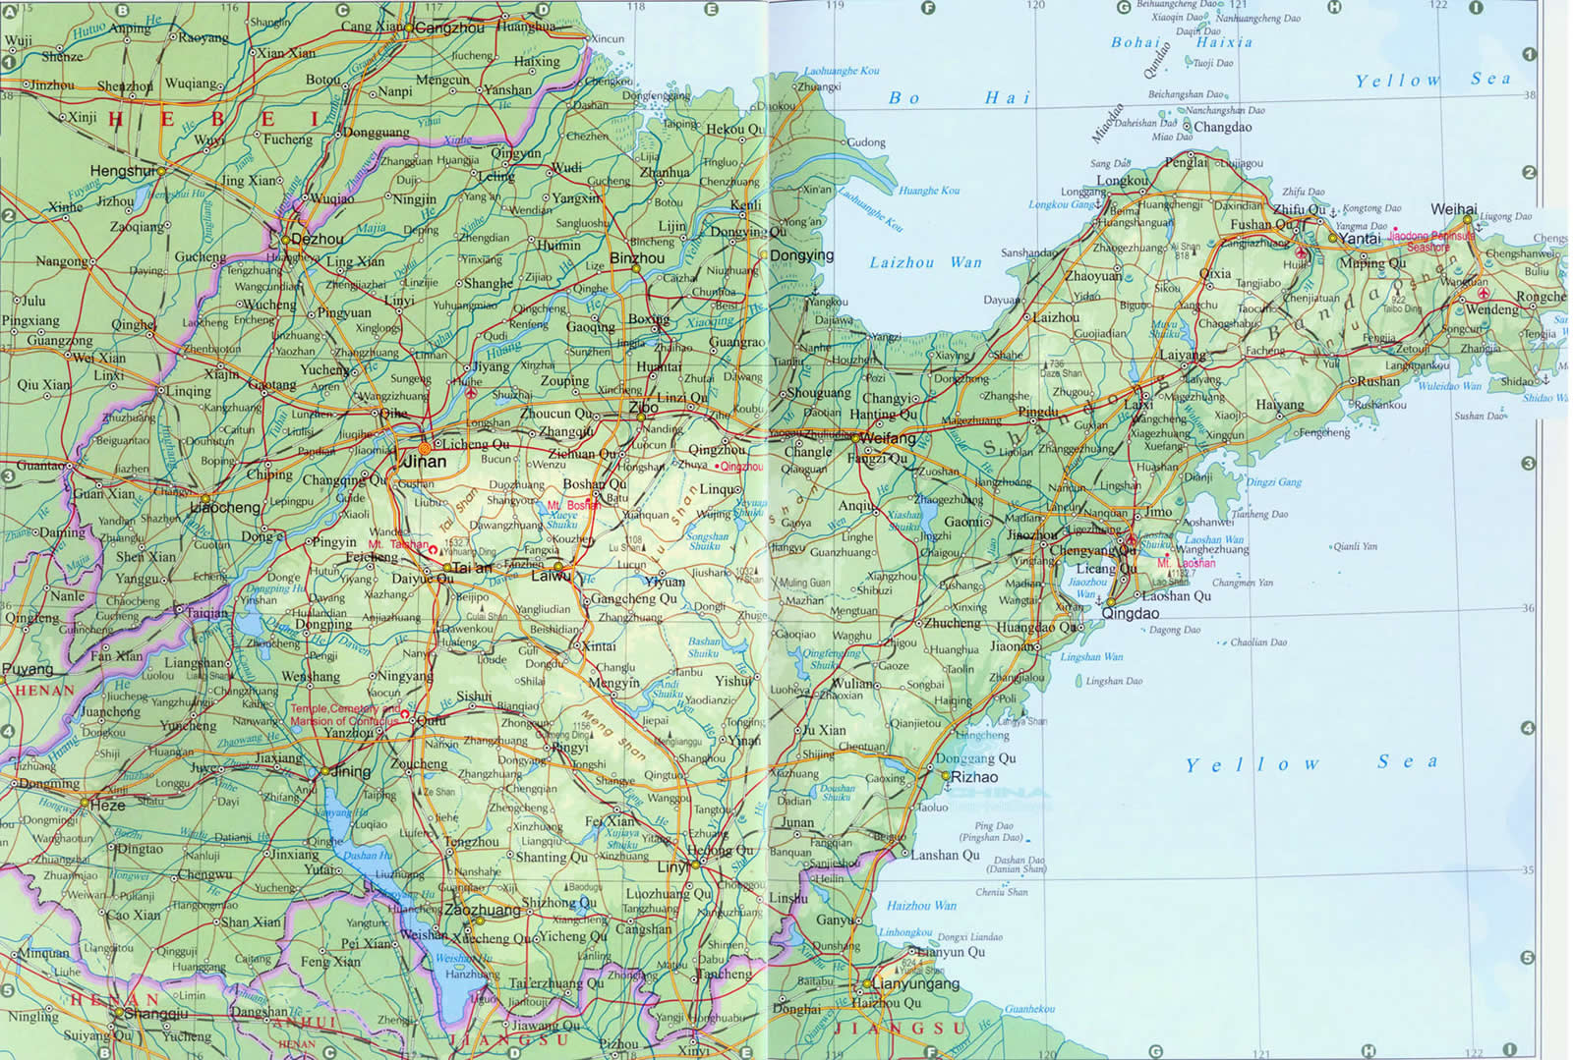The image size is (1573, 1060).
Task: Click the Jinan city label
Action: pos(425,461)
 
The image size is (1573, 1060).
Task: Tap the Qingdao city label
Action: pos(1131,613)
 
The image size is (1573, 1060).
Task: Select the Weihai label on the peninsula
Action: pos(1454,209)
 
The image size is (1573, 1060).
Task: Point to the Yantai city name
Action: pos(1361,238)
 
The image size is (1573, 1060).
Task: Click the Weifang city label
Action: pos(889,438)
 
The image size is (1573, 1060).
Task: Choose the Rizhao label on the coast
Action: pos(974,776)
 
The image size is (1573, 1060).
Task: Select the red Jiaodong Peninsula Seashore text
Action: pos(1432,241)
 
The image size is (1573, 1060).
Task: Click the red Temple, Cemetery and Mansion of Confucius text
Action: pos(345,714)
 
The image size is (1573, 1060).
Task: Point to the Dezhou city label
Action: pos(318,239)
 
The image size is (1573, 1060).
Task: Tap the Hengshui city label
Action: pos(123,171)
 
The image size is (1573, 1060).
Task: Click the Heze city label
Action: pos(108,805)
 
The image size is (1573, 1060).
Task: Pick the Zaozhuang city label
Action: pos(482,910)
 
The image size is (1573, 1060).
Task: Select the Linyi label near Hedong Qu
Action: pos(673,866)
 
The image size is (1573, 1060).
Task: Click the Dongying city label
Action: pos(801,254)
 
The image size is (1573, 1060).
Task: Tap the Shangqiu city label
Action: pos(155,1014)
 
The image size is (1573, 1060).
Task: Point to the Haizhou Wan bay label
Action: pos(921,906)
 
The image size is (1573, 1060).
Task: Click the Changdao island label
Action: pos(1223,127)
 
